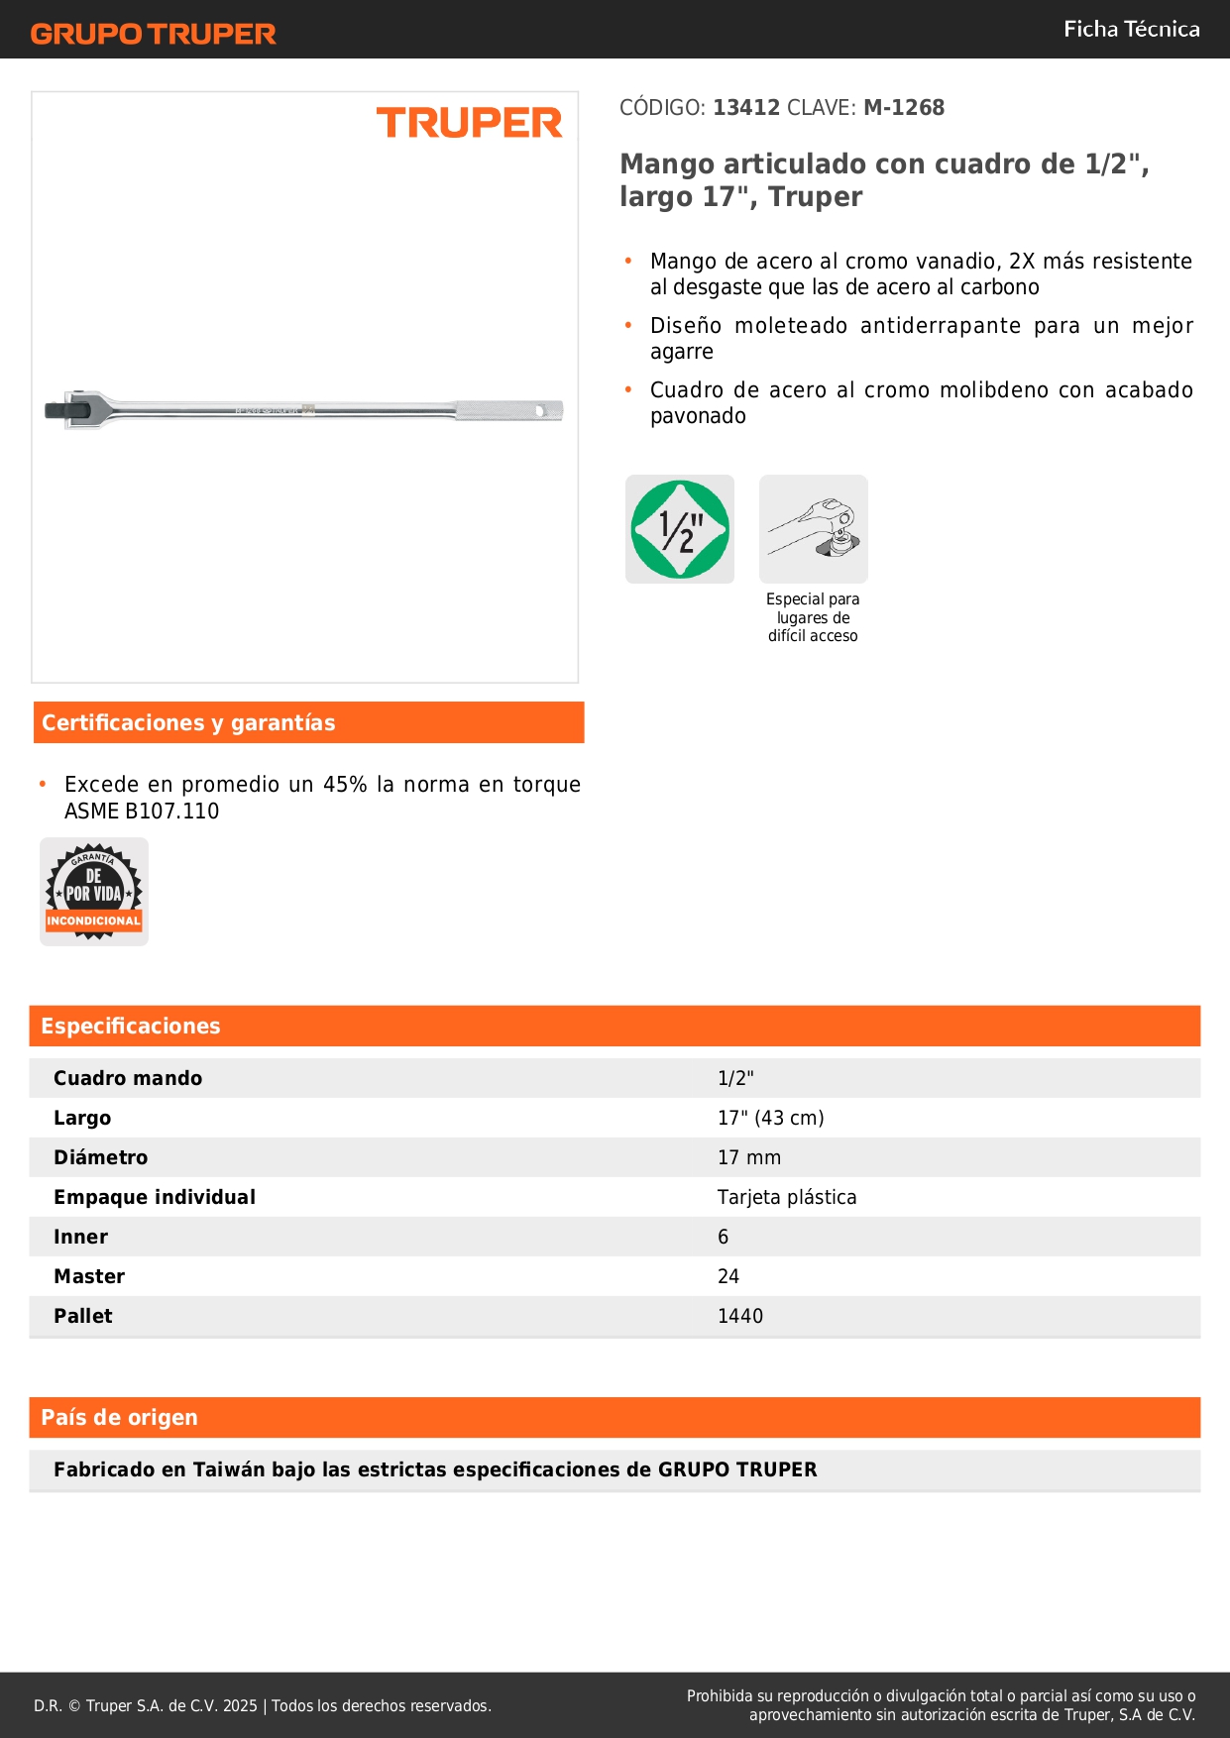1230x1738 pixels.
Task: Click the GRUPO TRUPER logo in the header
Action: (x=154, y=34)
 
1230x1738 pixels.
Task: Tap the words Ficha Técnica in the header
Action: (x=1131, y=30)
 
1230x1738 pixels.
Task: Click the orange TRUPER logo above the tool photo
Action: (x=469, y=123)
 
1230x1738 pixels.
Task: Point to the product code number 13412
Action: (x=746, y=108)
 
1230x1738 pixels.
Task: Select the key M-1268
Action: (x=904, y=108)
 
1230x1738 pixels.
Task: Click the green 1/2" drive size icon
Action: (x=680, y=529)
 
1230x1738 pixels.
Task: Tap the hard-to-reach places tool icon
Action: (x=814, y=529)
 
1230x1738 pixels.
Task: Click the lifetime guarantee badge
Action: (x=94, y=892)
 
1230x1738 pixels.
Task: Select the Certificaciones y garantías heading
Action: (x=188, y=723)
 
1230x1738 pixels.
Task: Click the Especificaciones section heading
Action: (x=131, y=1027)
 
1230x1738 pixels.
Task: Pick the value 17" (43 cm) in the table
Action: (x=770, y=1118)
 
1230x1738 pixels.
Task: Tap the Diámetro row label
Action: (x=100, y=1157)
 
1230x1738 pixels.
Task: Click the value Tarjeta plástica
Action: (x=787, y=1197)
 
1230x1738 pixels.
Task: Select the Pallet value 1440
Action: (x=740, y=1316)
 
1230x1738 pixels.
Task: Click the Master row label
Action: (x=89, y=1276)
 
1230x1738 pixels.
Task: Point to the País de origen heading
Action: (x=119, y=1418)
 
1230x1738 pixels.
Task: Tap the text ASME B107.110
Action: (x=142, y=812)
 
